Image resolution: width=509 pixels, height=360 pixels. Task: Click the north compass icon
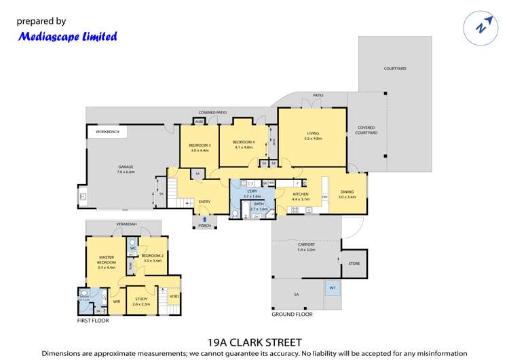click(x=481, y=27)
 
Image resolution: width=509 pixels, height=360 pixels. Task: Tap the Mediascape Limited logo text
click(x=68, y=37)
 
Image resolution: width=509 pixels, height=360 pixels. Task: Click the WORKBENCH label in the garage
click(x=107, y=132)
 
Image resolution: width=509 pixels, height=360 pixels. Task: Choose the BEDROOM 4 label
click(x=244, y=143)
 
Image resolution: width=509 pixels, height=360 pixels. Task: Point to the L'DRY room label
click(x=251, y=193)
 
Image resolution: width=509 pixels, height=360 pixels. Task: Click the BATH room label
click(x=259, y=204)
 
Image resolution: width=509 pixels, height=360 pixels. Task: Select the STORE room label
click(x=354, y=264)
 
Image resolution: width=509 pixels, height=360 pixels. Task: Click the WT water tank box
click(x=333, y=288)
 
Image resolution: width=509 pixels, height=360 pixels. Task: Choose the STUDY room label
click(x=141, y=300)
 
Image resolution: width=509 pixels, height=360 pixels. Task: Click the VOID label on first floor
click(x=174, y=297)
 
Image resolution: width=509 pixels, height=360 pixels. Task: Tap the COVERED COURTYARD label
click(x=366, y=130)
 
